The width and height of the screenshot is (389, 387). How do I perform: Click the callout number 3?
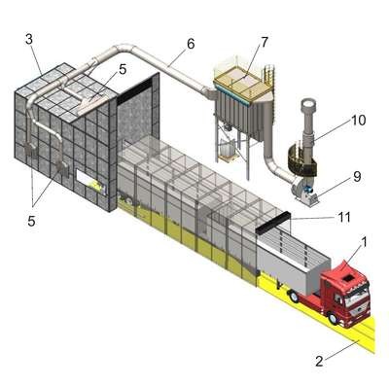29,39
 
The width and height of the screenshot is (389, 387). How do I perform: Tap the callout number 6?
191,44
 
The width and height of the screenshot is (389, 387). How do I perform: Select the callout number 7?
265,42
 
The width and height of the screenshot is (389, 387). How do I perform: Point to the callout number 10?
358,121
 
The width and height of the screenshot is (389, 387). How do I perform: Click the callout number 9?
357,177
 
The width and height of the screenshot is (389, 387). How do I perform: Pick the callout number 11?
343,217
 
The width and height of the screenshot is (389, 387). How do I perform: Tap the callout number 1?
364,242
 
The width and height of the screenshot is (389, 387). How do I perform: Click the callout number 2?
320,361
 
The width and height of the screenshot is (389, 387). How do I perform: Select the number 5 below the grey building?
31,221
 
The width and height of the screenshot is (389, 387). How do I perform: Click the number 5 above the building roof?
123,69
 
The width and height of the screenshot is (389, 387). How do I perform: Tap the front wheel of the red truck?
333,317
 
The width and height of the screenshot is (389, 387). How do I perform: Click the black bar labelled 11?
272,223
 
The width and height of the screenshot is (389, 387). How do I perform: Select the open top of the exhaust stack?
308,103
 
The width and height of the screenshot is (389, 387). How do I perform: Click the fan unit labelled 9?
304,191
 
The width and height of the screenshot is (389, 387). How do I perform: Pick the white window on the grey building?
91,182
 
